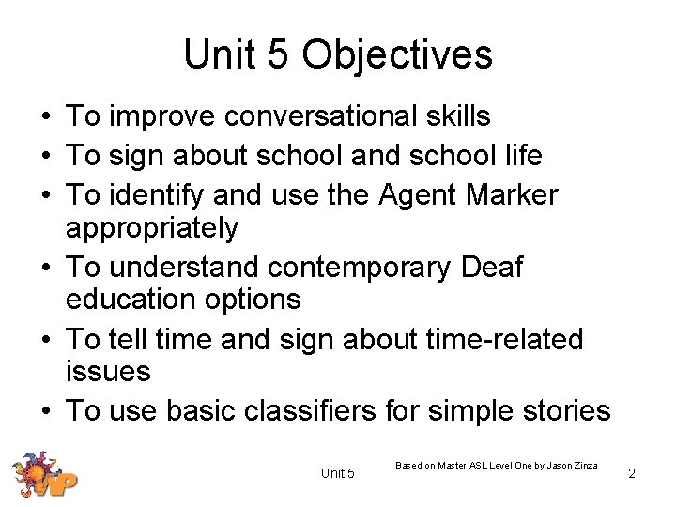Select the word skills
click(456, 116)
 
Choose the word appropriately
click(152, 228)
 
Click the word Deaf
click(493, 268)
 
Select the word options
click(254, 300)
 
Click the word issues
click(108, 371)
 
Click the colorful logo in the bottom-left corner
click(43, 474)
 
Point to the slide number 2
click(632, 474)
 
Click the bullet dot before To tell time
click(44, 340)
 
